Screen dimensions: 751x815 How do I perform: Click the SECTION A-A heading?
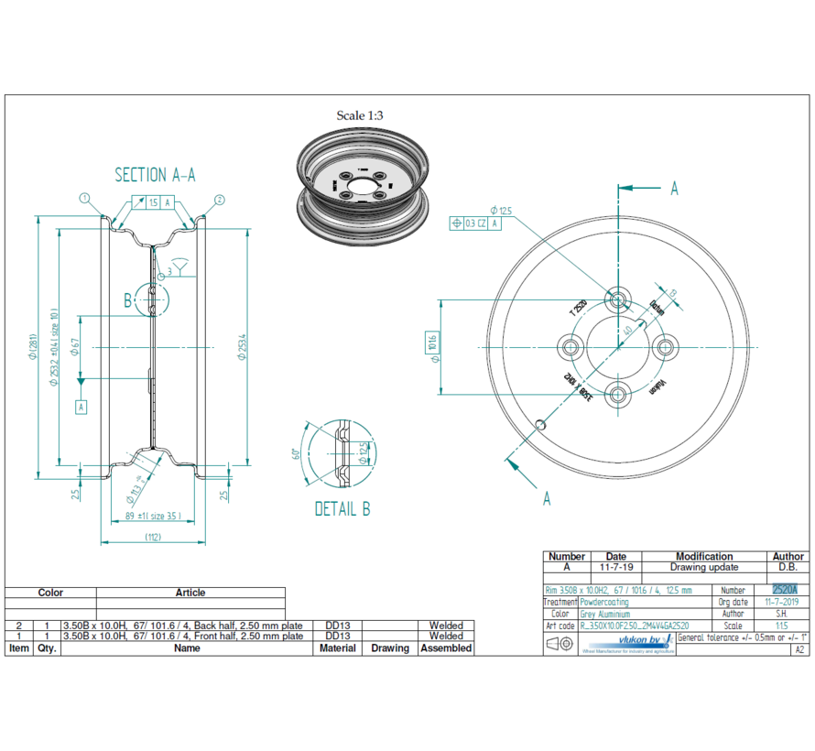(155, 175)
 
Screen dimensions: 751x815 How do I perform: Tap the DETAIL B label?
(342, 509)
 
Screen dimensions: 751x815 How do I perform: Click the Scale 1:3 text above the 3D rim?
(360, 115)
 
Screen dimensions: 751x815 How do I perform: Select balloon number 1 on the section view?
(83, 198)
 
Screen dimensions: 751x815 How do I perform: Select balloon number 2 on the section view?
(220, 198)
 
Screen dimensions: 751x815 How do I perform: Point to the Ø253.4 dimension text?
(241, 346)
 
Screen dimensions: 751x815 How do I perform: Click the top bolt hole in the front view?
(617, 299)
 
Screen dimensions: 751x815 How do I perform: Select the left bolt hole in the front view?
(571, 347)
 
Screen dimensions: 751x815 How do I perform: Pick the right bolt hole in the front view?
(666, 346)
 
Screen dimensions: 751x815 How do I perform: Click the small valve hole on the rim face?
(542, 422)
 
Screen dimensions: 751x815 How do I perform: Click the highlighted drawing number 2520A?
(785, 590)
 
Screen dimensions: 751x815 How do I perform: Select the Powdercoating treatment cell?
(605, 602)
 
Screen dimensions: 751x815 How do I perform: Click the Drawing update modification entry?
(703, 568)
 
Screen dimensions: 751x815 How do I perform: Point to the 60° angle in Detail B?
(296, 453)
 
